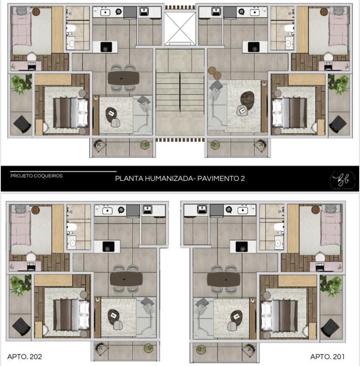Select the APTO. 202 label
pyautogui.click(x=25, y=357)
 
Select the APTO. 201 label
pyautogui.click(x=327, y=357)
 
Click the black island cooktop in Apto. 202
pyautogui.click(x=107, y=247)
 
